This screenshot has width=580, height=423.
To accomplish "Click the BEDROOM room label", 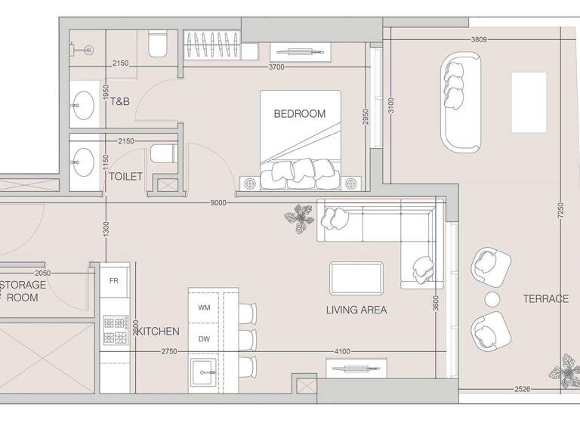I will coord(299,114).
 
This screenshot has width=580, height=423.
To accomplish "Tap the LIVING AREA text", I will coord(356,310).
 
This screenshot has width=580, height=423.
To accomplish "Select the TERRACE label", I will coord(545,299).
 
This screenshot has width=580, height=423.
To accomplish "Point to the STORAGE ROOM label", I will coord(23,291).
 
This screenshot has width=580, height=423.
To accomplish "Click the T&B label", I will coord(121,101).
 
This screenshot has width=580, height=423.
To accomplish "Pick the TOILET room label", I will coord(125,176).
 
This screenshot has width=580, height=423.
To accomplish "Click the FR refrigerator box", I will coord(114,280).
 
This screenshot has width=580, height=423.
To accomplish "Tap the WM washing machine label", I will coord(204,307).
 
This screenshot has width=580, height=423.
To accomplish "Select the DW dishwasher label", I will coord(204,339).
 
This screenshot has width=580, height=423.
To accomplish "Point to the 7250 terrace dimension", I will coord(561,209).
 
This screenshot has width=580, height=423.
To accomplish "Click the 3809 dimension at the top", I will coord(478,39).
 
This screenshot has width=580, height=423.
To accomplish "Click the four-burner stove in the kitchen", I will coord(115,329).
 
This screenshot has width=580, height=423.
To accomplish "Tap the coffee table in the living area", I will coord(356,277).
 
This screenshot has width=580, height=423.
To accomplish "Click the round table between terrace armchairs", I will coord(492,299).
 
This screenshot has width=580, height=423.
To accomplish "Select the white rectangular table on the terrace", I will coord(529,102).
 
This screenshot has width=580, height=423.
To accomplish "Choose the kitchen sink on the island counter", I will coord(203,370).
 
